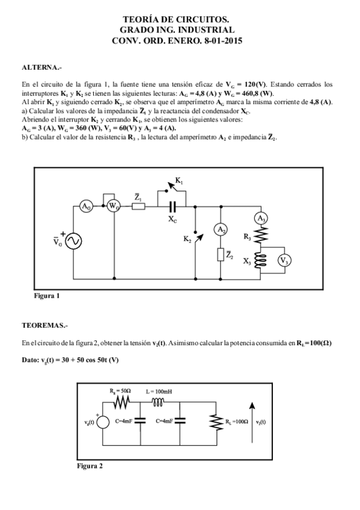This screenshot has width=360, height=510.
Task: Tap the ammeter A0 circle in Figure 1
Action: click(x=87, y=206)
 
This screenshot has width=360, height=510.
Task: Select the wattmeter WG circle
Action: click(x=113, y=206)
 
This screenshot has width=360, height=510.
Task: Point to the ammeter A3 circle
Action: click(x=261, y=219)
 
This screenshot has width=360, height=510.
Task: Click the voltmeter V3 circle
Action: click(x=285, y=260)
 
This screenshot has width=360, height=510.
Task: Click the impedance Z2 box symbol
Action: click(x=221, y=255)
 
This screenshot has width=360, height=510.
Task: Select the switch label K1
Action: click(x=179, y=180)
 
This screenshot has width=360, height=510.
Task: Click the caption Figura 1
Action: click(x=46, y=295)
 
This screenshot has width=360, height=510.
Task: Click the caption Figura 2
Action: click(x=90, y=465)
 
